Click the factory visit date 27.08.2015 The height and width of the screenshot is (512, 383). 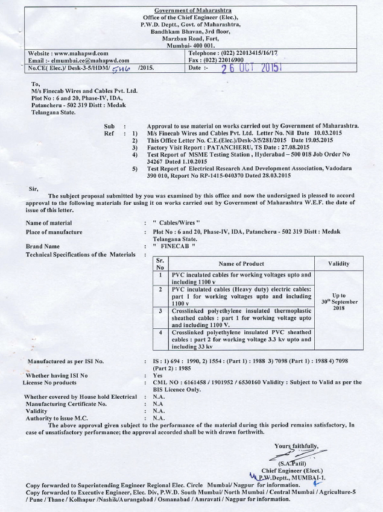tap(298, 146)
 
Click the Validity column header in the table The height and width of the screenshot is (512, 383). tap(338, 263)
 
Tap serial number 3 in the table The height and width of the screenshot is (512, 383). tap(160, 311)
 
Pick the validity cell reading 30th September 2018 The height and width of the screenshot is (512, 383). tap(338, 302)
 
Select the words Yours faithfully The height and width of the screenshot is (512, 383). tap(295, 446)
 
